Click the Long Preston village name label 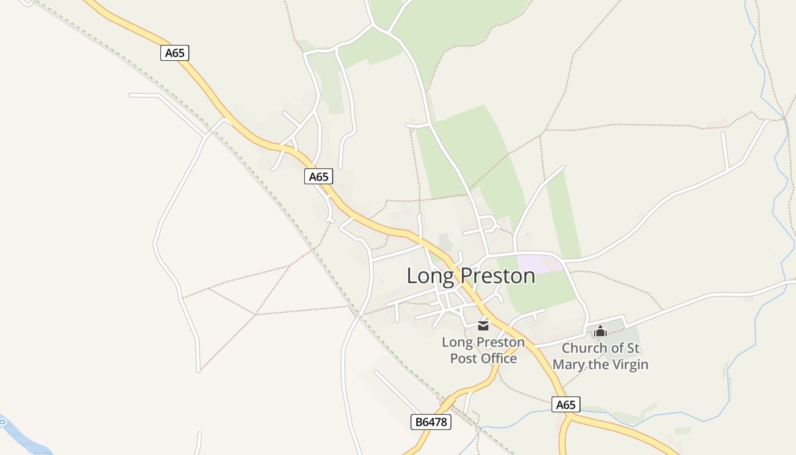click(471, 276)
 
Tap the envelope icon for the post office click(483, 326)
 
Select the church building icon click(600, 331)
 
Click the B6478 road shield click(430, 422)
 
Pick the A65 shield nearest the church click(566, 405)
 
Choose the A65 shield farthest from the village click(175, 53)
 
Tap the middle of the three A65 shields click(318, 176)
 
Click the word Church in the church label click(584, 348)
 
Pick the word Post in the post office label click(462, 358)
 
